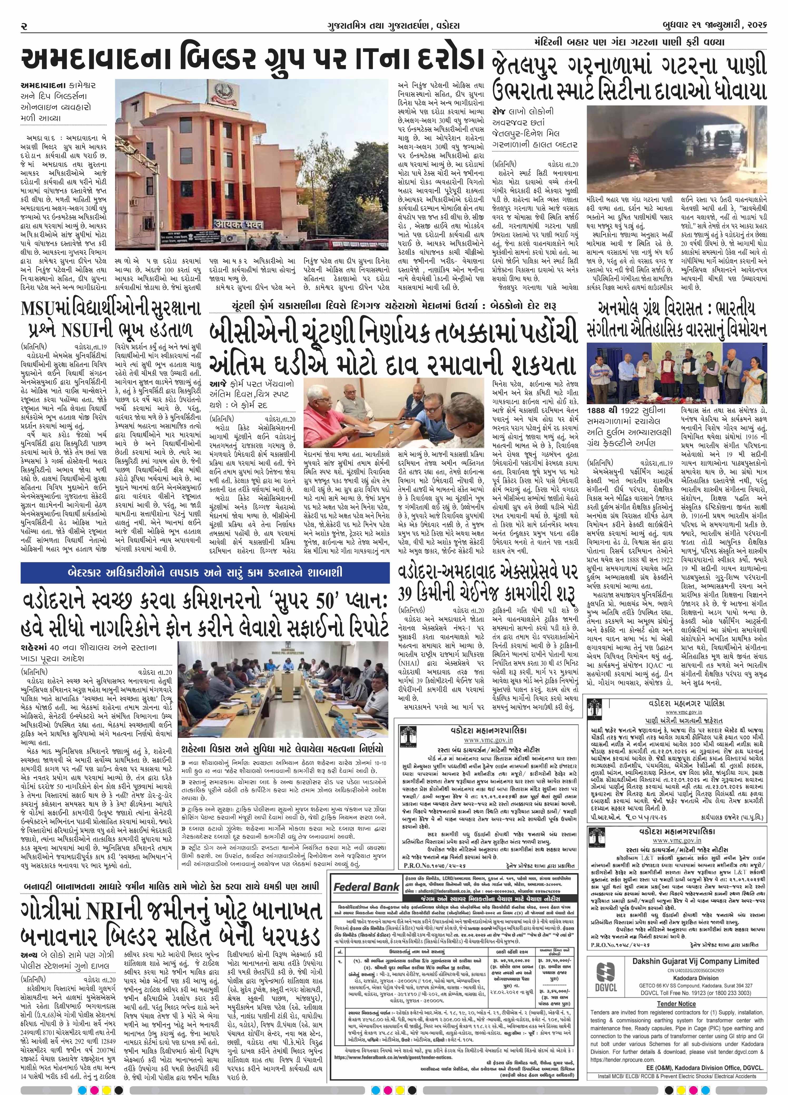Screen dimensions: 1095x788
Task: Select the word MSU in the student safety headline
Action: (x=41, y=309)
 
